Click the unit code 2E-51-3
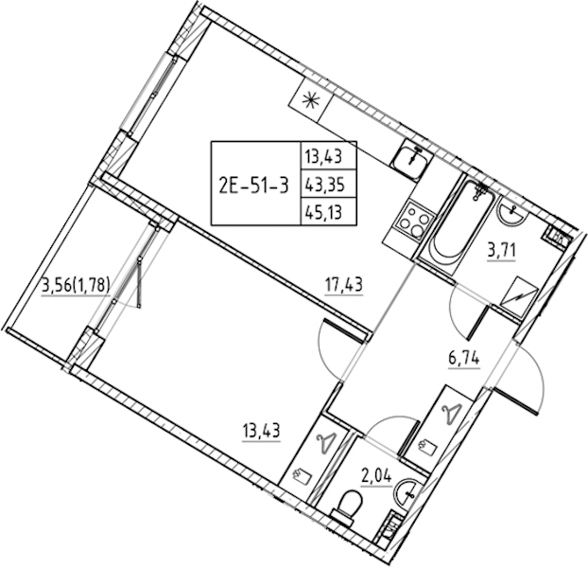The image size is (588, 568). (x=254, y=185)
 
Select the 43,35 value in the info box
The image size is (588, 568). (x=324, y=185)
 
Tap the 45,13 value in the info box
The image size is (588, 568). (x=324, y=213)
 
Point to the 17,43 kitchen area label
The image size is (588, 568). (x=343, y=285)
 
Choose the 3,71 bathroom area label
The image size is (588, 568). (x=502, y=249)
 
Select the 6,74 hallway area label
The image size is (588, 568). (x=464, y=359)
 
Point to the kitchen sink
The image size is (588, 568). (x=411, y=160)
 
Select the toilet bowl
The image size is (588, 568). (x=348, y=506)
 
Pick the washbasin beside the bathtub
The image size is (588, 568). (x=511, y=211)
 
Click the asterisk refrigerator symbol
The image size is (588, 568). (x=311, y=100)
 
